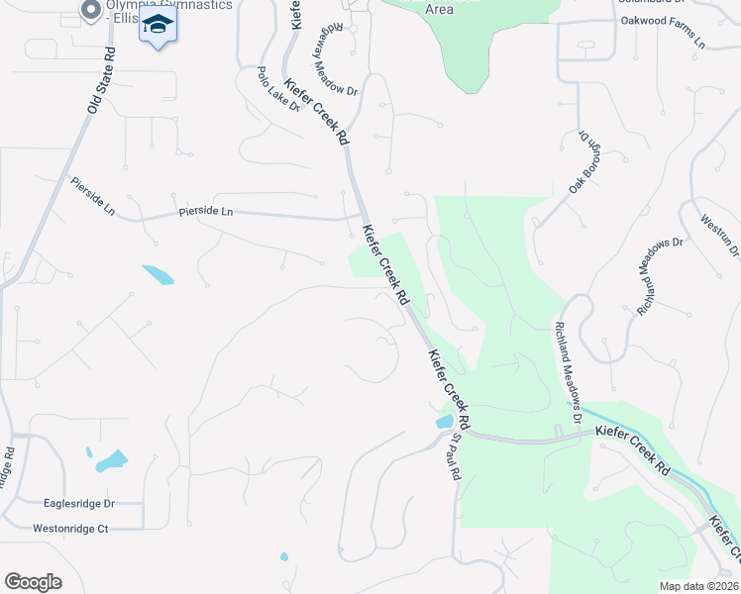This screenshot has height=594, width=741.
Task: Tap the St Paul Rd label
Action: pyautogui.click(x=456, y=456)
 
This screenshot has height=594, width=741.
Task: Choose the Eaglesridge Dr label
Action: pyautogui.click(x=79, y=503)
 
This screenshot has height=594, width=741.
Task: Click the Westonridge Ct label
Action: pyautogui.click(x=69, y=529)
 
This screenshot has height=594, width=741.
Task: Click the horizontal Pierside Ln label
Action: pyautogui.click(x=205, y=211)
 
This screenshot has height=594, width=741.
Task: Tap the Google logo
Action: pyautogui.click(x=33, y=581)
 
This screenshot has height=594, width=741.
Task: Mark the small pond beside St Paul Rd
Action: pyautogui.click(x=443, y=423)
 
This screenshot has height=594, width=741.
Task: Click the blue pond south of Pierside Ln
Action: pyautogui.click(x=159, y=274)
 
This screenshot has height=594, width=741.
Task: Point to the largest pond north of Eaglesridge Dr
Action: pyautogui.click(x=112, y=459)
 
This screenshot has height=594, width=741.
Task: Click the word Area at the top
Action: pyautogui.click(x=439, y=9)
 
